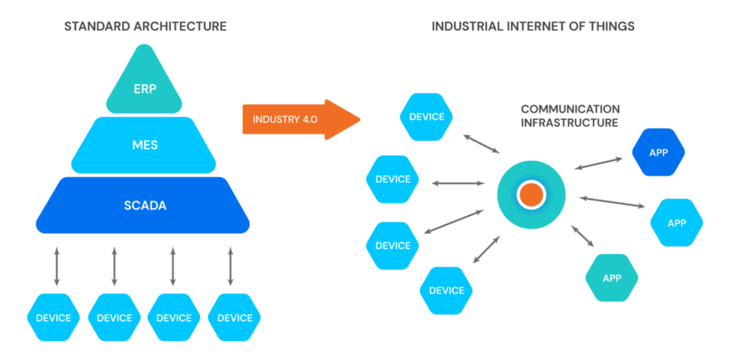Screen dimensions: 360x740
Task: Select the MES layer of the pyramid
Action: pyautogui.click(x=144, y=144)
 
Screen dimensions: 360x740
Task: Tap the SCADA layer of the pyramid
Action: pyautogui.click(x=143, y=205)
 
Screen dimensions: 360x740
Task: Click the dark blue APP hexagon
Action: pyautogui.click(x=658, y=153)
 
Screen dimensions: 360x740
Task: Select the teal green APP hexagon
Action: pyautogui.click(x=612, y=278)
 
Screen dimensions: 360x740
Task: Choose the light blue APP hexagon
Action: pyautogui.click(x=677, y=223)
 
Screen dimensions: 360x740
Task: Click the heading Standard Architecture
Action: pyautogui.click(x=145, y=27)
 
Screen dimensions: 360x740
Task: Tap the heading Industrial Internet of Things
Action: pyautogui.click(x=533, y=27)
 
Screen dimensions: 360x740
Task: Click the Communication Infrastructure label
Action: pyautogui.click(x=570, y=115)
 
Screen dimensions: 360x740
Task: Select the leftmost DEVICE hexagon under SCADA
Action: pyautogui.click(x=53, y=317)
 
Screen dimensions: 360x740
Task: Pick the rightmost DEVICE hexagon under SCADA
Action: pyautogui.click(x=234, y=317)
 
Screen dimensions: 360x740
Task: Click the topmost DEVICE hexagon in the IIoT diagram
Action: pyautogui.click(x=426, y=117)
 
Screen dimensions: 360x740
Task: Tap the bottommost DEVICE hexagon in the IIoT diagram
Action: pyautogui.click(x=446, y=290)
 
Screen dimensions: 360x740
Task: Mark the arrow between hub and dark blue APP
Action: pyautogui.click(x=598, y=163)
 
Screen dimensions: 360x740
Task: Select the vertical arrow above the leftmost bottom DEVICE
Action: pyautogui.click(x=56, y=266)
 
